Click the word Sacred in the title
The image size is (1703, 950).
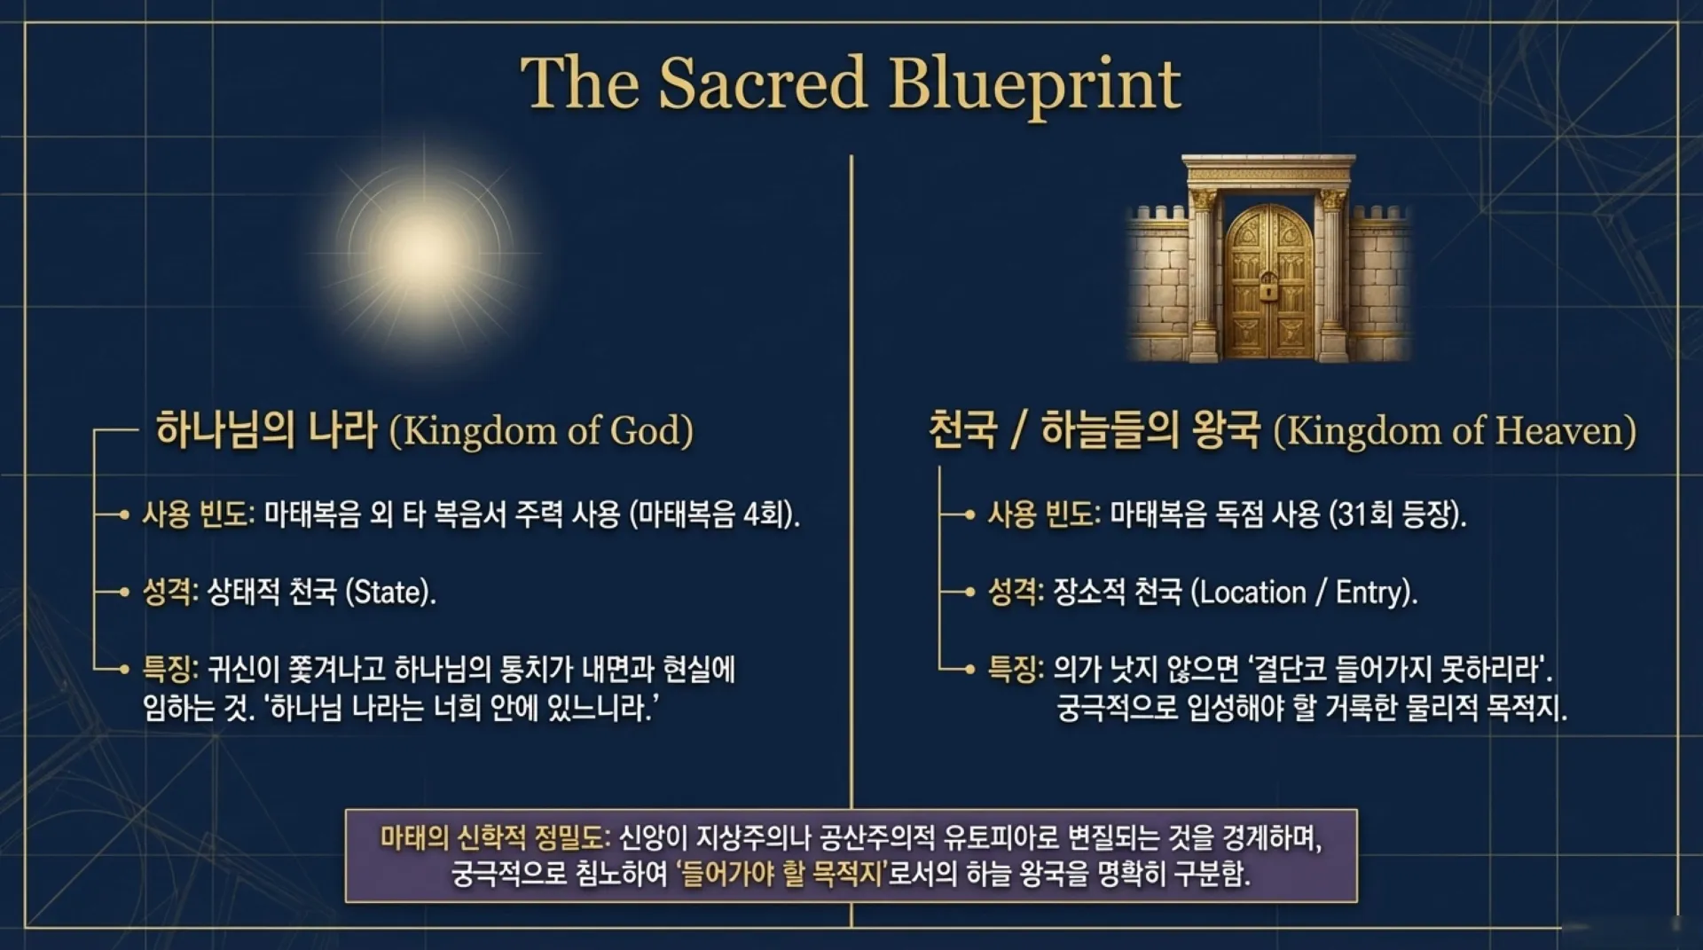[x=762, y=83]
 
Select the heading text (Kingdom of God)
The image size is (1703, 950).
[x=541, y=431]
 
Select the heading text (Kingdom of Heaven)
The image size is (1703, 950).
[x=1455, y=431]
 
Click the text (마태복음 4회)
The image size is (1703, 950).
[x=714, y=514]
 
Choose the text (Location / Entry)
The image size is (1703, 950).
[x=1303, y=592]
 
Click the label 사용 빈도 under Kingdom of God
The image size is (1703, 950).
[x=197, y=514]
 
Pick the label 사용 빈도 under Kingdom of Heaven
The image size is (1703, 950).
[x=1043, y=514]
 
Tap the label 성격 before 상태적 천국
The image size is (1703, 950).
[x=169, y=592]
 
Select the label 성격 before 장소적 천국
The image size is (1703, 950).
[x=1014, y=592]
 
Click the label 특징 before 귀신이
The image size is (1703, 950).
[x=169, y=669]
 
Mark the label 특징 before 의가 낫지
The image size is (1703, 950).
[x=1014, y=669]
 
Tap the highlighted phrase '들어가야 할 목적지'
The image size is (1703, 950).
[x=781, y=875]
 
